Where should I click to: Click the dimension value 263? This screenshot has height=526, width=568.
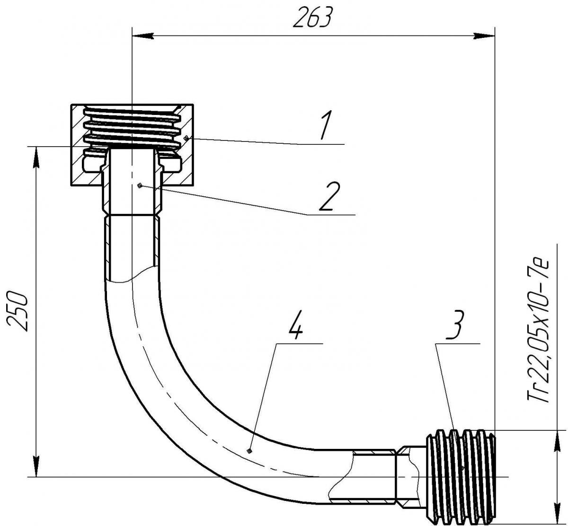[313, 18]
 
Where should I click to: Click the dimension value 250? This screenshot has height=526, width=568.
[18, 312]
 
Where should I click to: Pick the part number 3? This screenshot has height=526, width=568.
[455, 325]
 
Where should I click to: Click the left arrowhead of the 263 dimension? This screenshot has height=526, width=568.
[143, 36]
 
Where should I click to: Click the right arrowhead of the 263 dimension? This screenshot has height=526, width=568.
[484, 36]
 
